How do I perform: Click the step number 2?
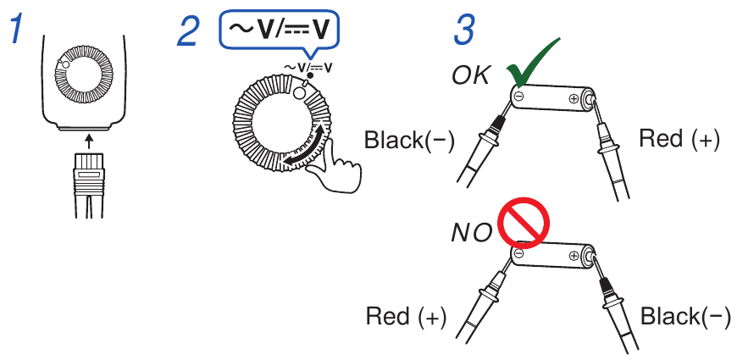pos(188,31)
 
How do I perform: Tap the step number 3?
pos(464,31)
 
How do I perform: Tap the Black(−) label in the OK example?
pos(409,140)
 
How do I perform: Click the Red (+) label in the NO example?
pos(406,317)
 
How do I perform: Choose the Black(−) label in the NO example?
pos(685,317)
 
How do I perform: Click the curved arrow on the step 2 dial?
pos(309,147)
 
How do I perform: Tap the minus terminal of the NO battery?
pos(518,252)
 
